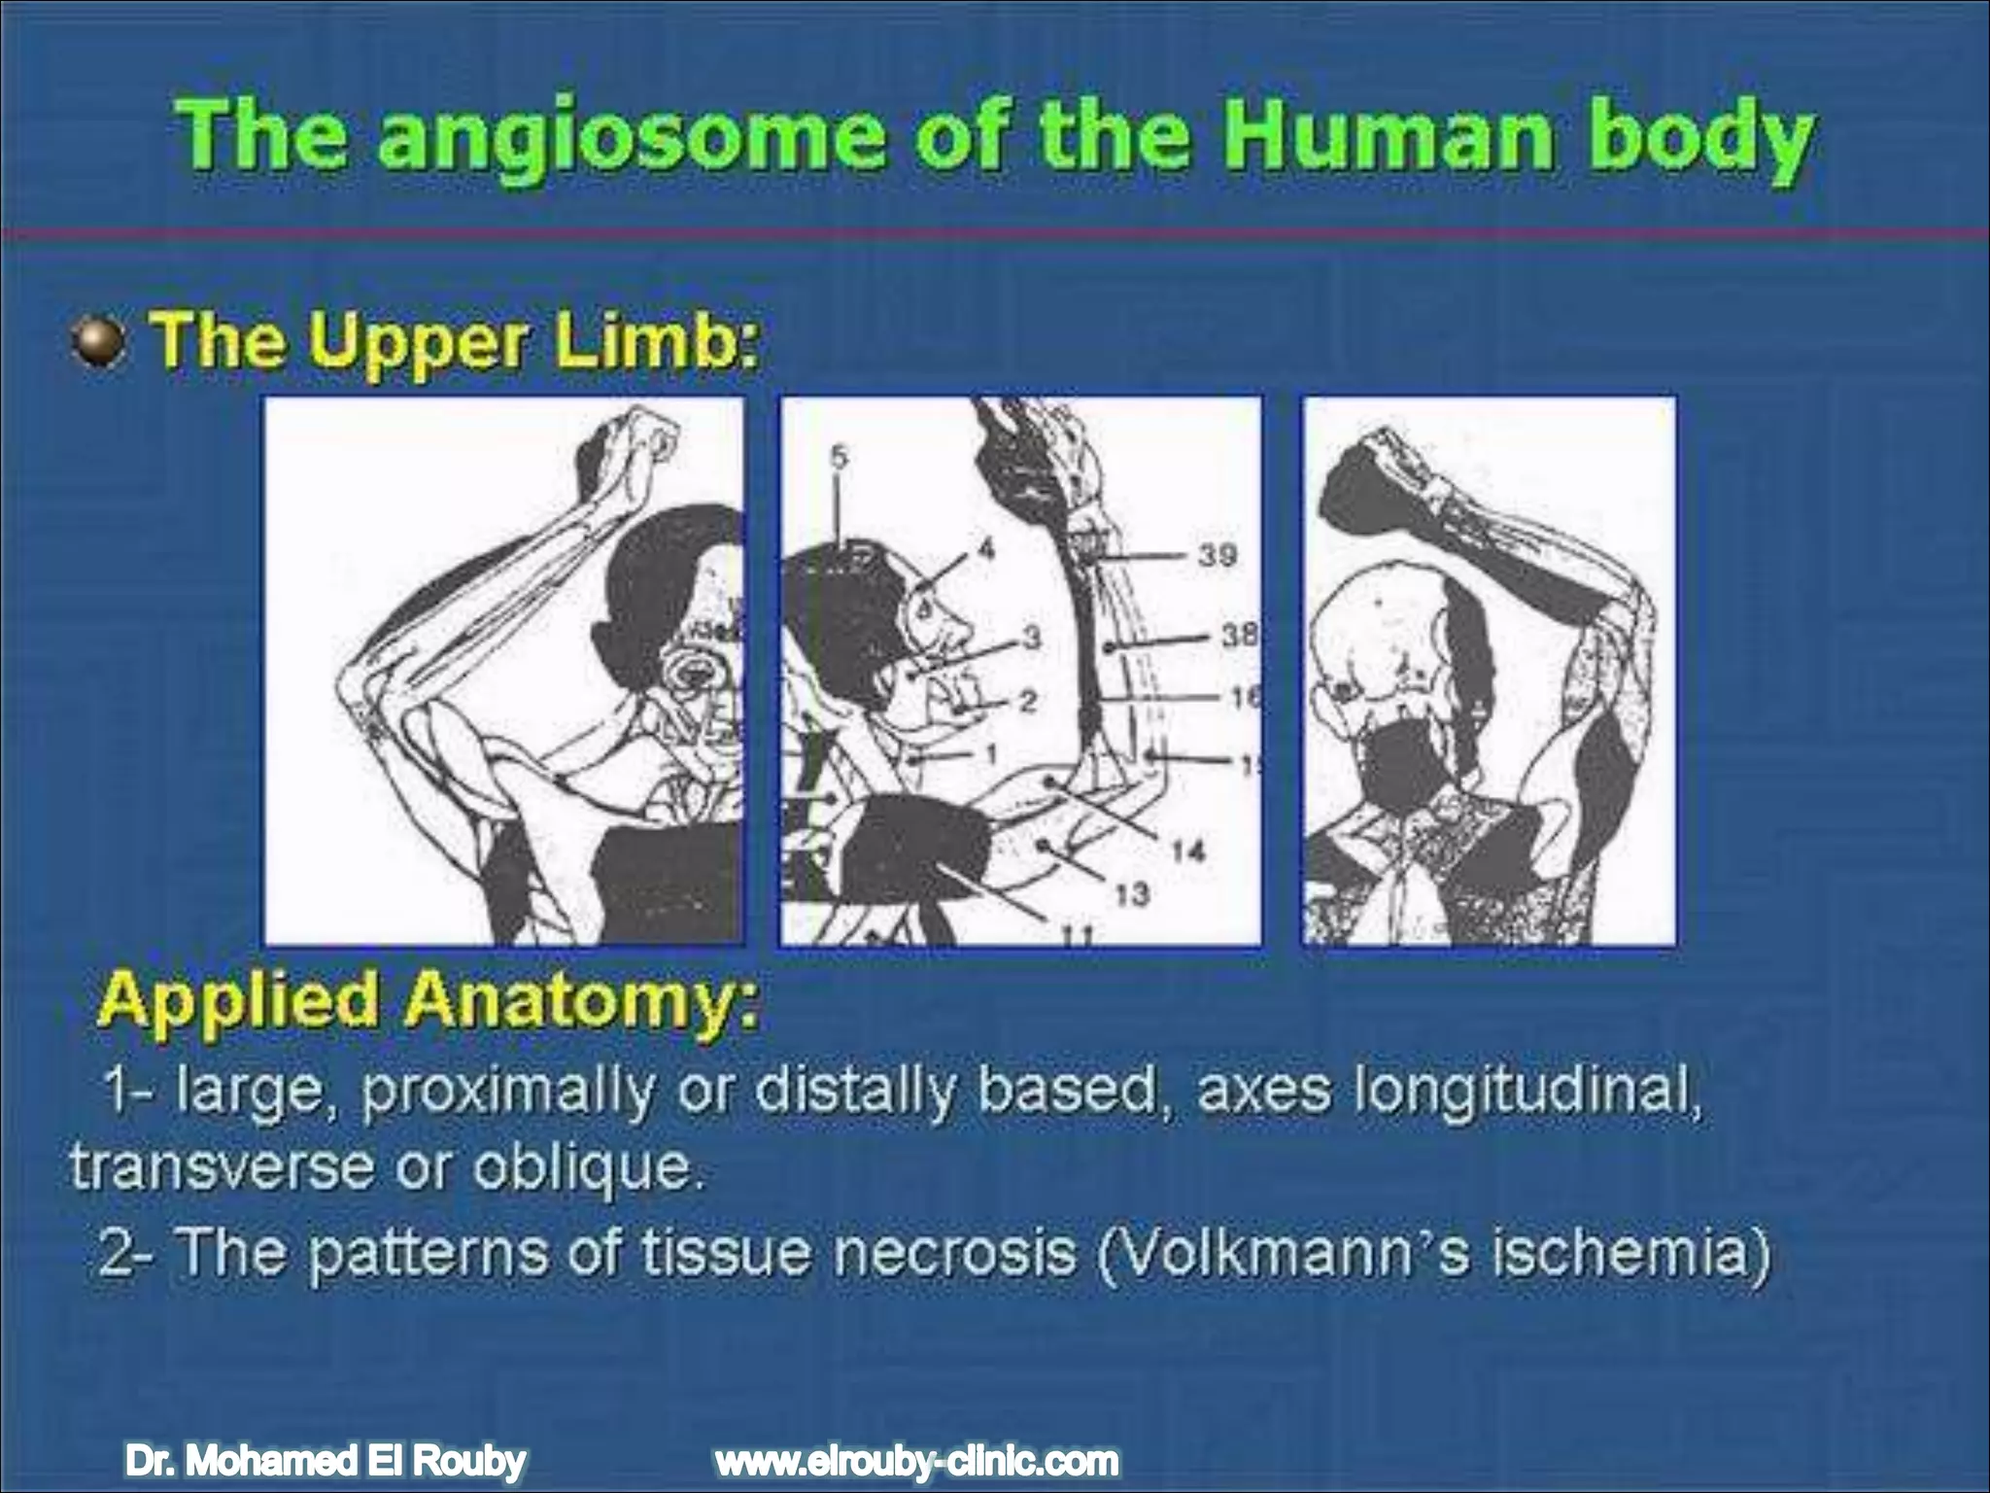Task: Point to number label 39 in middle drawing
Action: tap(1217, 555)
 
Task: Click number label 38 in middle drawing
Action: tap(1238, 636)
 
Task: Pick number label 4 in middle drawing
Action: tap(986, 550)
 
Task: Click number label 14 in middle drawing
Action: tap(1187, 851)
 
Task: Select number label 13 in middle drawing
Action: tap(1131, 893)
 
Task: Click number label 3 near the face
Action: tap(1031, 638)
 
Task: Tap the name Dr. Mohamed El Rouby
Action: tap(326, 1460)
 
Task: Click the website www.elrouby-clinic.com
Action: tap(915, 1460)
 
